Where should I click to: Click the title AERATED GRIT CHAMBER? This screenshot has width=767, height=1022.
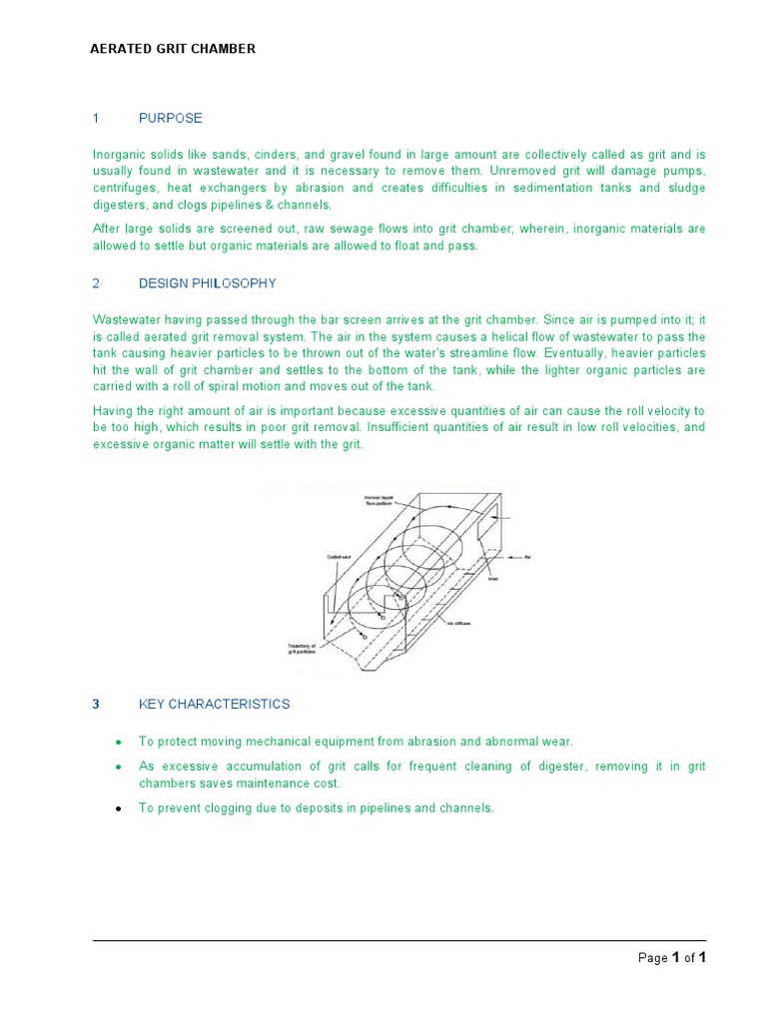(174, 49)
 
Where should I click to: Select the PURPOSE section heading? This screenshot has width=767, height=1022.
(170, 118)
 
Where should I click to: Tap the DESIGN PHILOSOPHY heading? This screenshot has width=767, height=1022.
(207, 283)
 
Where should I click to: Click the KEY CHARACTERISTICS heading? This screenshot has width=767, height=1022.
(214, 704)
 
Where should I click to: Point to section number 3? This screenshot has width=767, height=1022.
(96, 704)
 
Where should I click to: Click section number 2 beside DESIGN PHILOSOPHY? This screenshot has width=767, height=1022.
(96, 283)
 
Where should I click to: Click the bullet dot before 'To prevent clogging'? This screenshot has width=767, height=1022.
(119, 808)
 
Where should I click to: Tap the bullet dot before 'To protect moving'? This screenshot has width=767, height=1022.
(119, 742)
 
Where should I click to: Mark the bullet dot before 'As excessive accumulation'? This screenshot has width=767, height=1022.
(119, 766)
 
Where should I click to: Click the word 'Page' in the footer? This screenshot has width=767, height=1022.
(653, 958)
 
